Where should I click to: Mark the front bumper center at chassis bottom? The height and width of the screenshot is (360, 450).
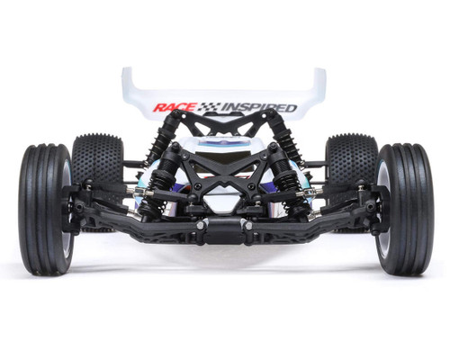point(224,236)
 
